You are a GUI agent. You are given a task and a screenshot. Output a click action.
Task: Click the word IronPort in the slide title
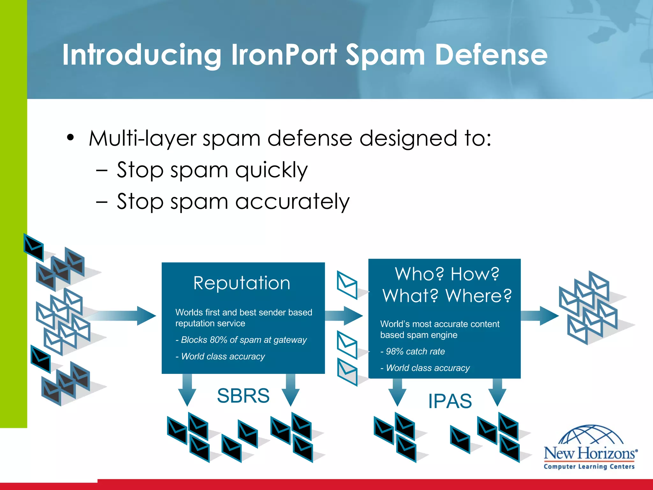[284, 55]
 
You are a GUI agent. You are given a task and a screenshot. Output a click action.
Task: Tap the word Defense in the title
[491, 55]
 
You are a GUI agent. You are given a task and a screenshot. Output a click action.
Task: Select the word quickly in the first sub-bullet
[271, 170]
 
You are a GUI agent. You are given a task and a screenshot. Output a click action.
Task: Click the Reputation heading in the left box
[242, 283]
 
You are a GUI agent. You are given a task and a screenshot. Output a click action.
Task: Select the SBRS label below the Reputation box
[243, 396]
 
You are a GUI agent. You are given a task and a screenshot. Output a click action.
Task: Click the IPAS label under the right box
[450, 401]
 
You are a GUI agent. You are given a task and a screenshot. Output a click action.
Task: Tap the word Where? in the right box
[478, 296]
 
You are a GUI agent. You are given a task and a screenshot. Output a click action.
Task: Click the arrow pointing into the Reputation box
[128, 316]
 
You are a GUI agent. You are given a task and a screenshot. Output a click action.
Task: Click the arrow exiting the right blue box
[540, 316]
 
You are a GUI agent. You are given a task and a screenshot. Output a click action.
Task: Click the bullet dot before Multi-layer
[70, 138]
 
